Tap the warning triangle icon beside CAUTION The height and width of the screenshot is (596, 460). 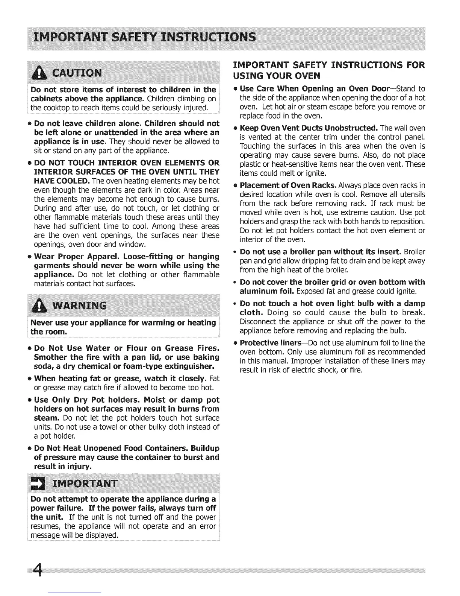[39, 72]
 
